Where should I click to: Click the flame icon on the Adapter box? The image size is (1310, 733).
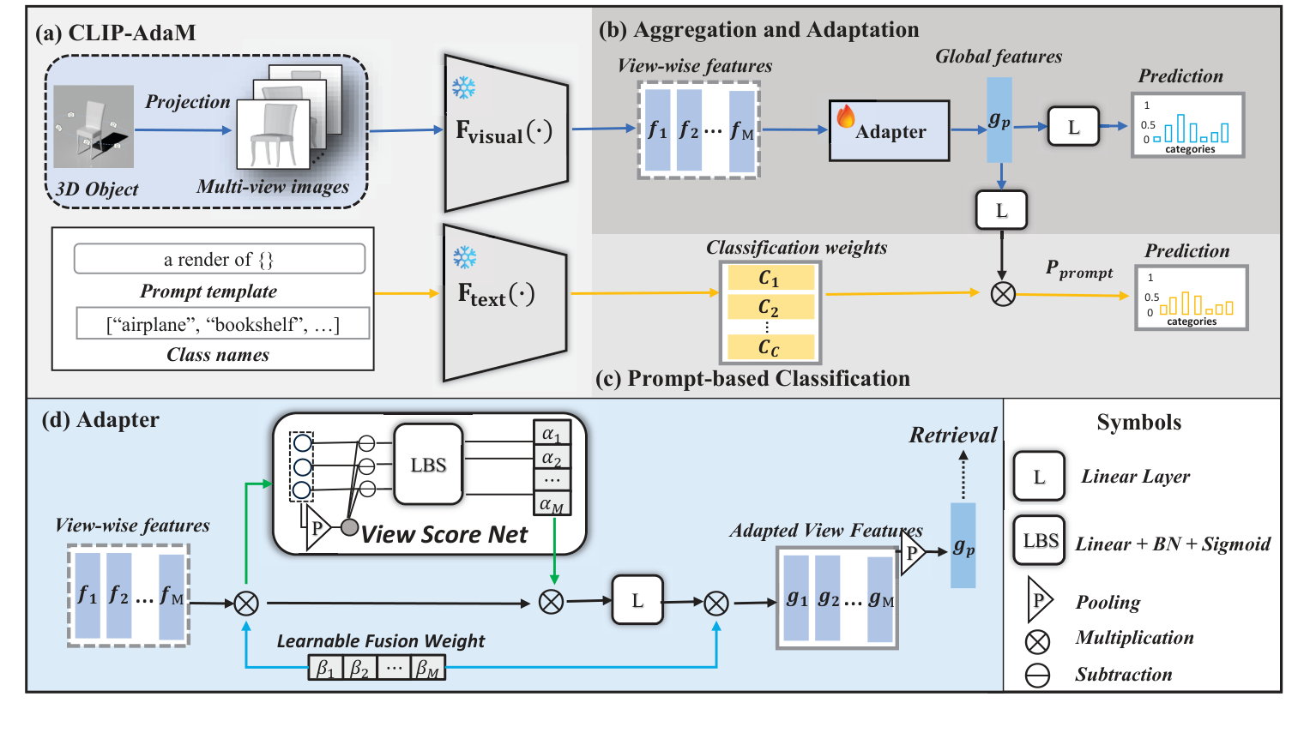(846, 117)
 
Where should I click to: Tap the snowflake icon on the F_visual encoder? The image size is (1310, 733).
(464, 87)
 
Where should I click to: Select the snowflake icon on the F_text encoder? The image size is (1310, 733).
(465, 257)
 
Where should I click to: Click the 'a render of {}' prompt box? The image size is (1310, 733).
(219, 259)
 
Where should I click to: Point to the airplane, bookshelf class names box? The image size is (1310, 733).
(223, 324)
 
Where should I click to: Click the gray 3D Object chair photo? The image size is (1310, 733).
(94, 126)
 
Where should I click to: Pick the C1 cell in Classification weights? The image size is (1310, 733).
(770, 278)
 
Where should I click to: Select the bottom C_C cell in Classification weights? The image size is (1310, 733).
(770, 347)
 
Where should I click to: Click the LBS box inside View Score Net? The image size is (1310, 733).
(428, 465)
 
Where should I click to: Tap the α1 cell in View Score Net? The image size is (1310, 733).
(552, 434)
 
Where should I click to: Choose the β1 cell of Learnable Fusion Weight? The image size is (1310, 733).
(325, 669)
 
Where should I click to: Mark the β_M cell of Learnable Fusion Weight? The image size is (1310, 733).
(427, 669)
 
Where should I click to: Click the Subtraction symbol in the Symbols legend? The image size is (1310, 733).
(1037, 676)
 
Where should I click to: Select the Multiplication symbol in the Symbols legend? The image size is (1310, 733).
(1037, 640)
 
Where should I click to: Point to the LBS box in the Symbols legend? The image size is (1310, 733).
(1039, 541)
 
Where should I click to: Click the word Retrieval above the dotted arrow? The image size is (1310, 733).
(953, 436)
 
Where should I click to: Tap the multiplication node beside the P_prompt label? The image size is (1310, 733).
(1002, 294)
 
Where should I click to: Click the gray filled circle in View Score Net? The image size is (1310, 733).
(349, 527)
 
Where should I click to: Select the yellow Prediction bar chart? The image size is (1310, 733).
(1191, 298)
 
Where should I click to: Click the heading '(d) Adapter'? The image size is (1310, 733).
(100, 420)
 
